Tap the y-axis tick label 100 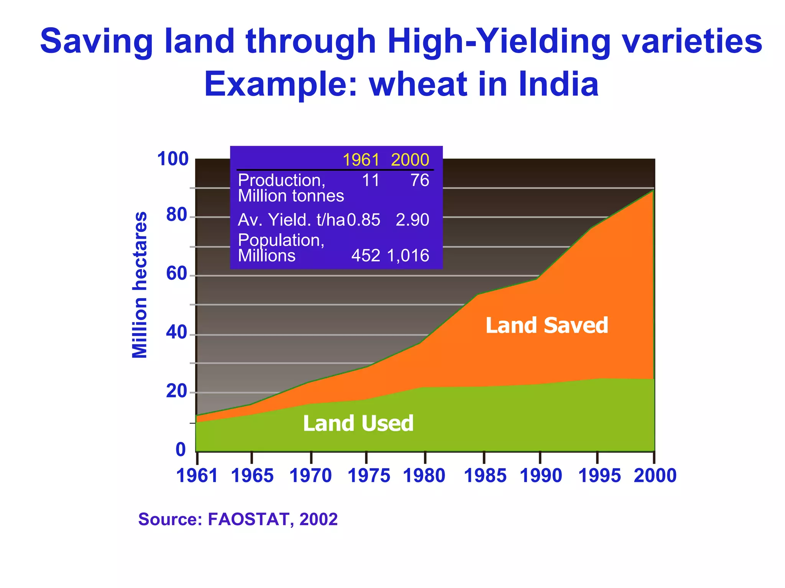173,159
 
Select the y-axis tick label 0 181,449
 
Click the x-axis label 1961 197,476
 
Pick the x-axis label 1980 424,476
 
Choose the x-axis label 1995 599,476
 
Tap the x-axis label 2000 655,476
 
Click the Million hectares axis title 140,285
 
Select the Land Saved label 547,325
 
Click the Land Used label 358,423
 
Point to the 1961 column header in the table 361,160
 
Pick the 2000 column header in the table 410,160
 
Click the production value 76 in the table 420,180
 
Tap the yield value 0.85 364,220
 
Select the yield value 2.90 412,220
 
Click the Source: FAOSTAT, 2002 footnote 238,519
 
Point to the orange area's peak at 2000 653,191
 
